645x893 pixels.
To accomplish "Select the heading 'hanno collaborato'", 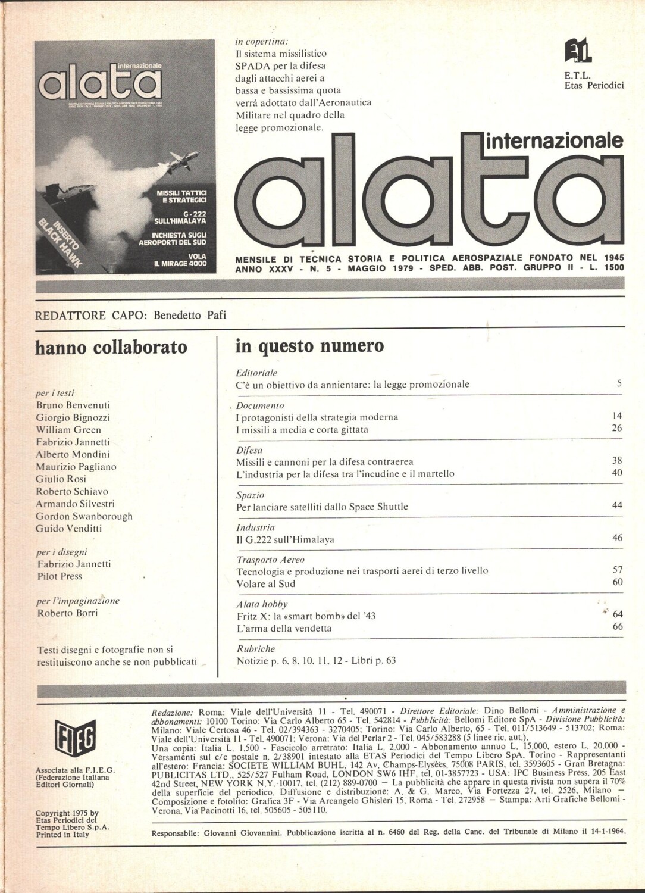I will click(111, 347).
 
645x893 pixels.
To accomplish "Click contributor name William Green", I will click(68, 430).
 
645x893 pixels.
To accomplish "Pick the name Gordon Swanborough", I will click(84, 516).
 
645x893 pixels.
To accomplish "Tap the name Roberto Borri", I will click(67, 613).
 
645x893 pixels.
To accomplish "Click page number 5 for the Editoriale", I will click(619, 383).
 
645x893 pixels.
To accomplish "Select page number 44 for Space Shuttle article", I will click(617, 505).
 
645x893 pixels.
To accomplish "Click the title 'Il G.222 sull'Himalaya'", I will click(285, 540).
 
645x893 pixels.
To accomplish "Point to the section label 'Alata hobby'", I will click(262, 604).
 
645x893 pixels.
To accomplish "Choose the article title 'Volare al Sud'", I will click(265, 583).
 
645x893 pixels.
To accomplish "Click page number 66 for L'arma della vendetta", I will click(617, 626).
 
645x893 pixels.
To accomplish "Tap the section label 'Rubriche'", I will click(255, 648).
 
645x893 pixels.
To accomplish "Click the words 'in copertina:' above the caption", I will click(261, 42).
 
